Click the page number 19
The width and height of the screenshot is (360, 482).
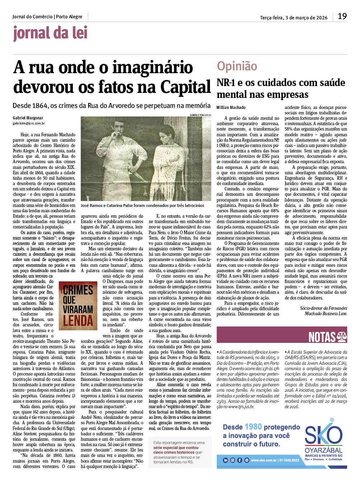pos(342,16)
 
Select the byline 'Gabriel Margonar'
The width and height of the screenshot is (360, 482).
pos(28,118)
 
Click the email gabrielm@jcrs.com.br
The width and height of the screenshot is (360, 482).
pos(29,123)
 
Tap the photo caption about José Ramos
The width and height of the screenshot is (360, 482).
pos(142,205)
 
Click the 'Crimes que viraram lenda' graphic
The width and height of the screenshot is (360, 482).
pos(78,306)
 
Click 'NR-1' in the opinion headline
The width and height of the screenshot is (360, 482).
pos(225,83)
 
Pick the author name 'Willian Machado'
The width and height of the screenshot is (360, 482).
pos(231,108)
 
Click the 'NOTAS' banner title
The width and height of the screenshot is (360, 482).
pos(322,337)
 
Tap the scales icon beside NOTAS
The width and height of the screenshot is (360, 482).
pos(341,337)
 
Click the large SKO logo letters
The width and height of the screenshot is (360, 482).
pos(323,435)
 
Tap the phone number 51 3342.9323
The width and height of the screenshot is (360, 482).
pos(289,460)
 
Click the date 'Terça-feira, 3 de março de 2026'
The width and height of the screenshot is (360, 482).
pos(294,18)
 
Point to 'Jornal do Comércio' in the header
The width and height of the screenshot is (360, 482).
pos(32,16)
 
